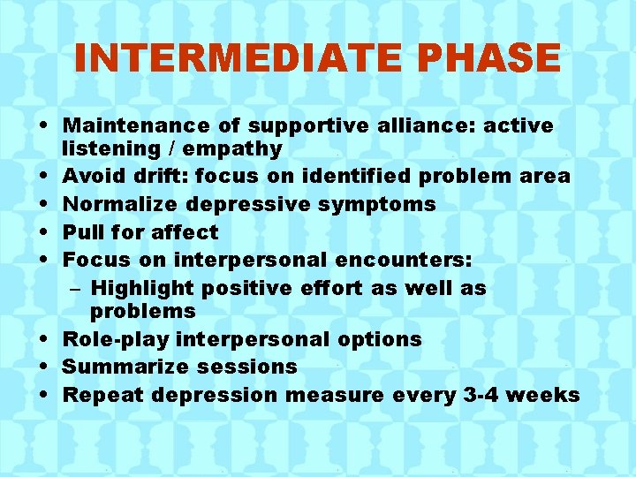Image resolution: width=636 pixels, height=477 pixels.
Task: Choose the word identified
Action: (x=356, y=176)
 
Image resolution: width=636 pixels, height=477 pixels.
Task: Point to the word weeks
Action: (x=546, y=395)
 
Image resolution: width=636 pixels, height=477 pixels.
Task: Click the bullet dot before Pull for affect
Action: (x=46, y=232)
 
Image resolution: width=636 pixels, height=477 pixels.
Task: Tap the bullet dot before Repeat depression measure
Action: (x=46, y=395)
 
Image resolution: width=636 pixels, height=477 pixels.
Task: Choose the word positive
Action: (x=250, y=288)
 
